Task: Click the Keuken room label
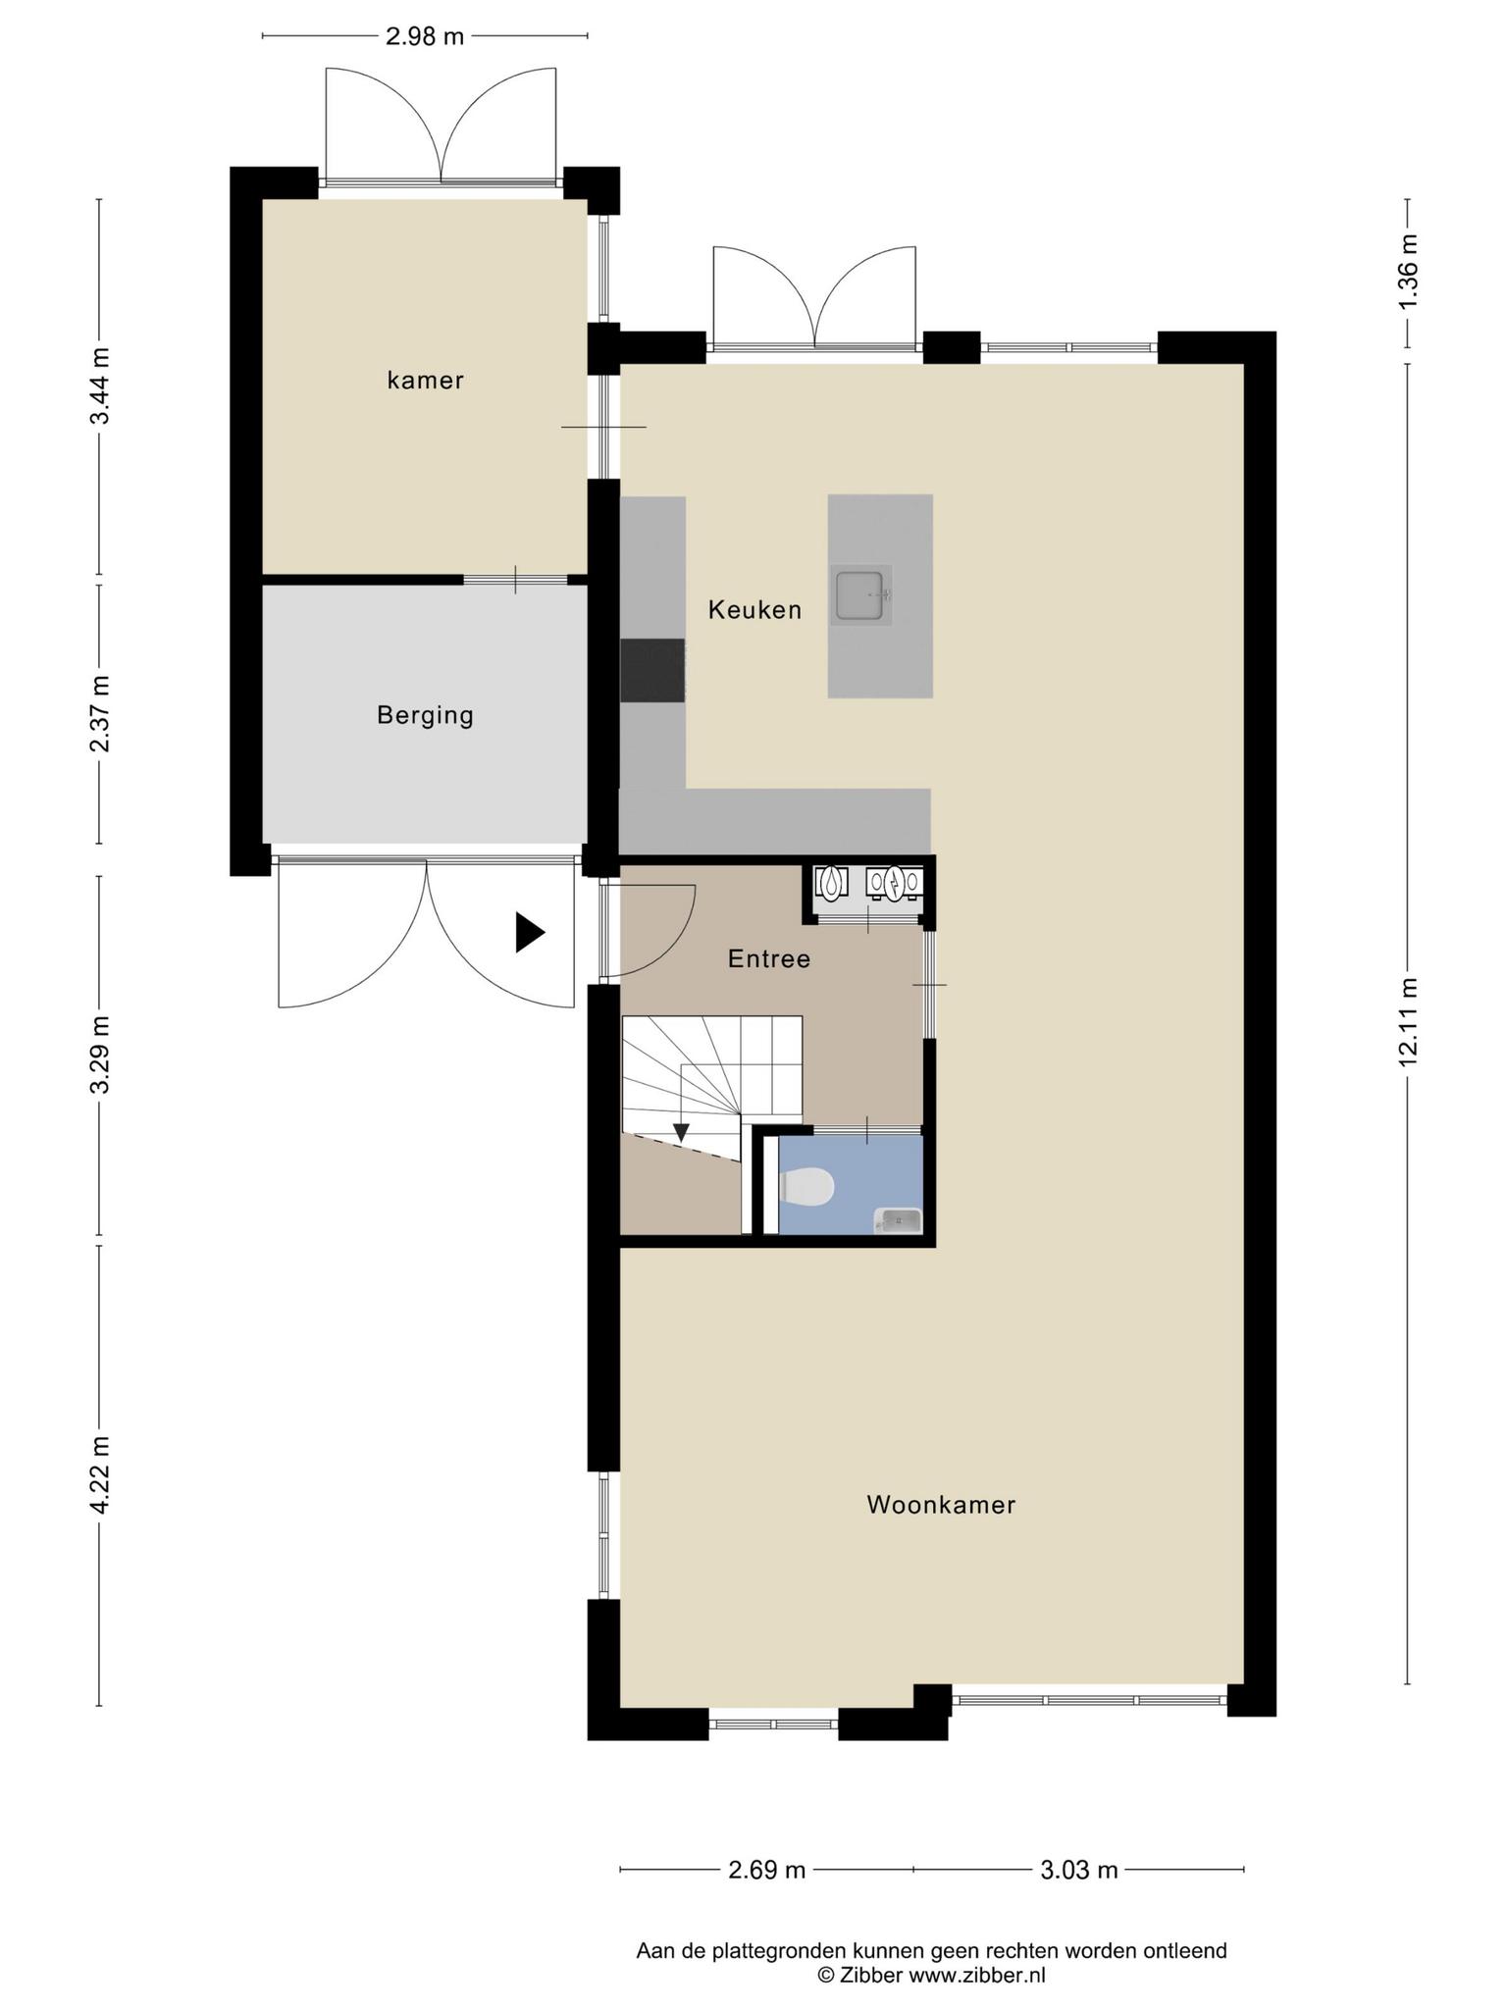pos(754,610)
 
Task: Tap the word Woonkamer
pos(941,1505)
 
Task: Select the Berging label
pos(425,716)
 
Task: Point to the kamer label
pos(425,381)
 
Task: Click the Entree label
pos(769,958)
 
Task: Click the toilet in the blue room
pos(806,1186)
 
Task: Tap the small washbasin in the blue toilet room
pos(898,1220)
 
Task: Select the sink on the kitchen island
pos(861,594)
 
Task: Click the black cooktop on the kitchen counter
pos(652,671)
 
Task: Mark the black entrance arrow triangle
pos(530,932)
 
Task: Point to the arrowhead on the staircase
pos(681,1133)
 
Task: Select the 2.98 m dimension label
pos(425,37)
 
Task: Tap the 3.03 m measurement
pos(1079,1870)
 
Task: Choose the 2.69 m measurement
pos(767,1870)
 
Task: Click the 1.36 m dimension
pos(1409,273)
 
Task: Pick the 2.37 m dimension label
pos(100,713)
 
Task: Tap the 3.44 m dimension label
pos(100,386)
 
